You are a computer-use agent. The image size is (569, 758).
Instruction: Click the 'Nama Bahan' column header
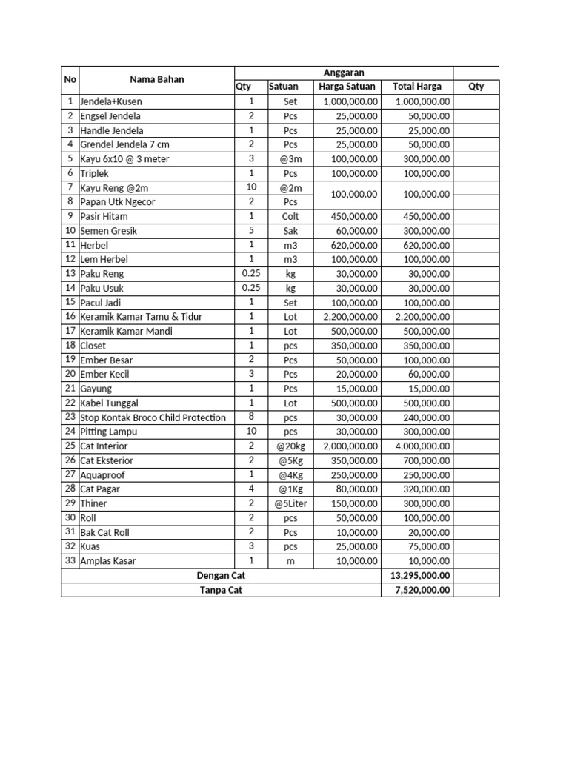tap(156, 79)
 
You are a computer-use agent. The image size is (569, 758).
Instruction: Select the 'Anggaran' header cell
tap(344, 73)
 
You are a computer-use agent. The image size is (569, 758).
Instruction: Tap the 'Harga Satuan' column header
tap(347, 87)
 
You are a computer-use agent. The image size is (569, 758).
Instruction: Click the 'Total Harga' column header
tap(416, 87)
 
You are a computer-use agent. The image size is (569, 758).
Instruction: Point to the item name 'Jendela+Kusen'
tap(111, 101)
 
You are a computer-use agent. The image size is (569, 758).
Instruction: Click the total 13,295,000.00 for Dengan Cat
tap(416, 576)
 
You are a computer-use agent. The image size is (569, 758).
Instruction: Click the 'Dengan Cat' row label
tap(221, 576)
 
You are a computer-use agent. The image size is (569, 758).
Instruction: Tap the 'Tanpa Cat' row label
tap(221, 590)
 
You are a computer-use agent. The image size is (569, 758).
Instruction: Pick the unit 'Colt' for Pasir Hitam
tap(290, 216)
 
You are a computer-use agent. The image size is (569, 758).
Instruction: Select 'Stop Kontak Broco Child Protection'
tap(153, 417)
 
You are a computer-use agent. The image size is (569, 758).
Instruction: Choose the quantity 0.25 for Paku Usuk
tap(251, 288)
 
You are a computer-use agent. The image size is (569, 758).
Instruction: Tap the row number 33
tap(70, 560)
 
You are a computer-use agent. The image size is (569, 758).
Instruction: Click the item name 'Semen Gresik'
tap(109, 231)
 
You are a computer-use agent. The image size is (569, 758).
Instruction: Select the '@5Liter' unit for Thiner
tap(290, 503)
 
